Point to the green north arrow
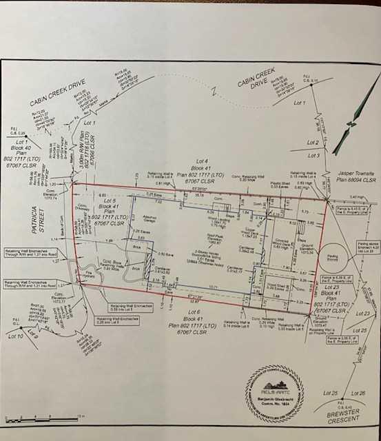click(x=351, y=124)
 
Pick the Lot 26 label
click(x=360, y=393)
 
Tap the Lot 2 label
click(x=313, y=143)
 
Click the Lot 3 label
click(x=313, y=156)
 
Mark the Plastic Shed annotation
click(x=280, y=184)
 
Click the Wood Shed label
click(x=277, y=287)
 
